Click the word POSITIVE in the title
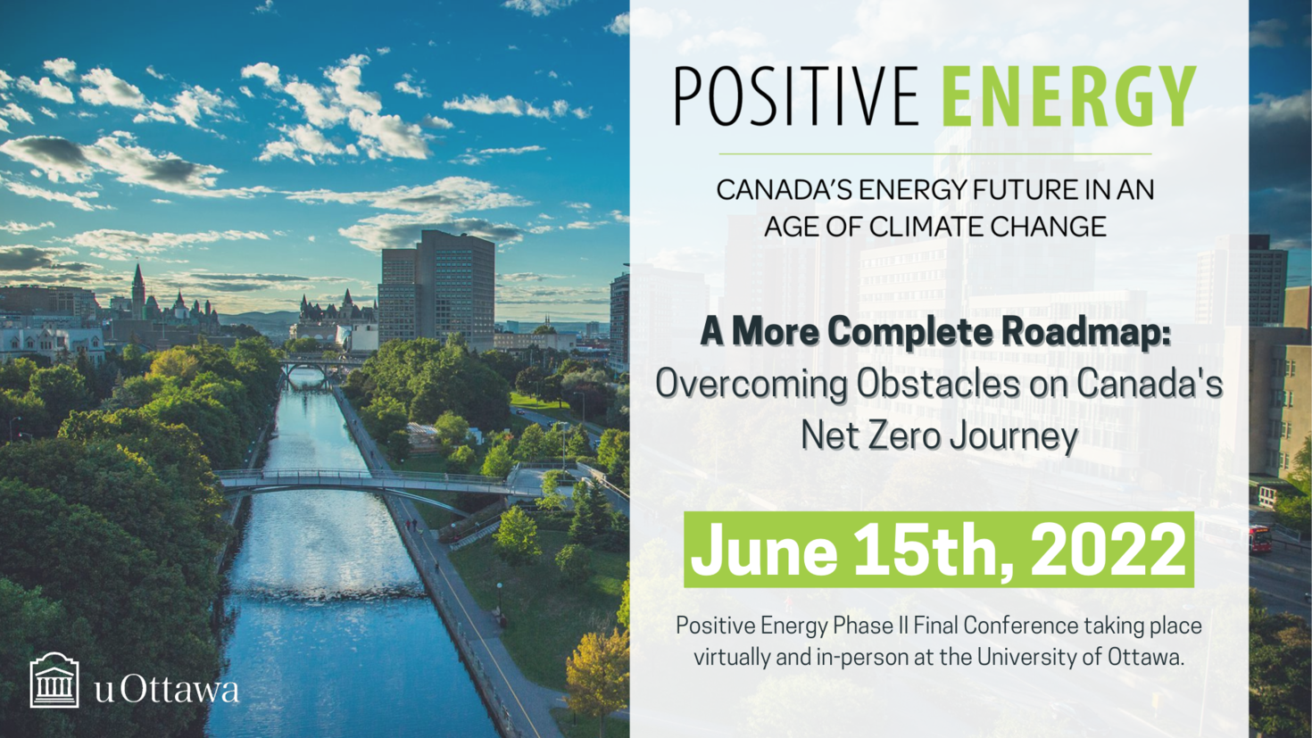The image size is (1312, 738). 796,95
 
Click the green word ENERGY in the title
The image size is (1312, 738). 1069,95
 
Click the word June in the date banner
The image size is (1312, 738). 764,550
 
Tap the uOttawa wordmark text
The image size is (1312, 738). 167,688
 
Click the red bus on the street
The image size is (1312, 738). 1259,539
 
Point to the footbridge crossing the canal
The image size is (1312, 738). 375,482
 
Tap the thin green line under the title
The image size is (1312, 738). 934,154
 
